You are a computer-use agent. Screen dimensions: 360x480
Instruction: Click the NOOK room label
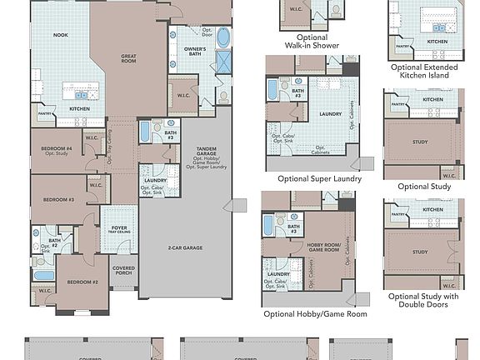point(61,35)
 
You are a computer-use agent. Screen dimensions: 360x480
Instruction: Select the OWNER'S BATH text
point(195,52)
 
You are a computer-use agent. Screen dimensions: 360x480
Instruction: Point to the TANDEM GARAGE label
point(206,151)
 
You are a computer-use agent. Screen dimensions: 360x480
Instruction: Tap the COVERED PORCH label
point(124,272)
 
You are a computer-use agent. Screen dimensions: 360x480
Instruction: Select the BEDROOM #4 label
point(57,150)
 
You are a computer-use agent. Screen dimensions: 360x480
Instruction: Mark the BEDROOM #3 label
point(59,200)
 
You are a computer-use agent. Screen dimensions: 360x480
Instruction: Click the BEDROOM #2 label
point(82,282)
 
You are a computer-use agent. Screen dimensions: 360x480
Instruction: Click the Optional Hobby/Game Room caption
point(315,314)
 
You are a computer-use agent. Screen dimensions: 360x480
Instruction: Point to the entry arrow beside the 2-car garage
point(239,205)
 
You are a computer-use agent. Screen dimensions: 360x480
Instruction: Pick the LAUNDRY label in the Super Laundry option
point(331,113)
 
